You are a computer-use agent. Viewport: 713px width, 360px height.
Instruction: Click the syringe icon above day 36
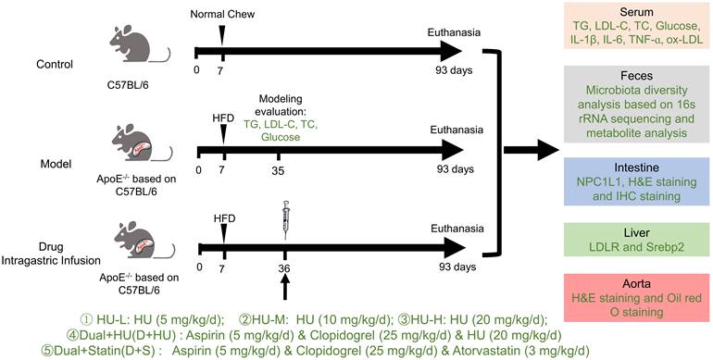pos(285,219)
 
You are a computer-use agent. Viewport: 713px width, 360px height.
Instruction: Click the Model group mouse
pos(138,136)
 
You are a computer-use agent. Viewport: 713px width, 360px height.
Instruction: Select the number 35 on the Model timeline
pos(279,170)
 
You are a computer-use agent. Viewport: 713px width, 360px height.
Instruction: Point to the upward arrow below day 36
pos(285,288)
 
